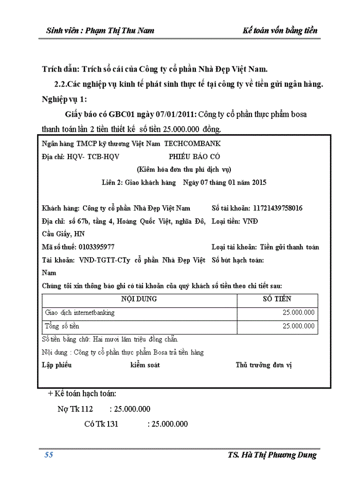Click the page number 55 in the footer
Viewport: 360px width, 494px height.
(x=49, y=455)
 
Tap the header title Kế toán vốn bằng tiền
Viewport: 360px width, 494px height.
(x=280, y=30)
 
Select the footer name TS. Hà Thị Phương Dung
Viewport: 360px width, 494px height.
(x=272, y=455)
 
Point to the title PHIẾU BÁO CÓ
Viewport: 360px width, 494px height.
(x=194, y=156)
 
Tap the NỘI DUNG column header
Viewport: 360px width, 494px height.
(x=139, y=299)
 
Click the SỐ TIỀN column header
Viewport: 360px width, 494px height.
(x=277, y=299)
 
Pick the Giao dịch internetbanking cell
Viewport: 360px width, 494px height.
(x=80, y=312)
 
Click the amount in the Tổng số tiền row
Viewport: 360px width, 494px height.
(x=298, y=326)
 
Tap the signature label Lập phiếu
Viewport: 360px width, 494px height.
(x=56, y=365)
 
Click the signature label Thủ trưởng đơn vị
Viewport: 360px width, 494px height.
(x=263, y=365)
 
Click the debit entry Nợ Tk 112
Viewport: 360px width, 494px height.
(x=75, y=409)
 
